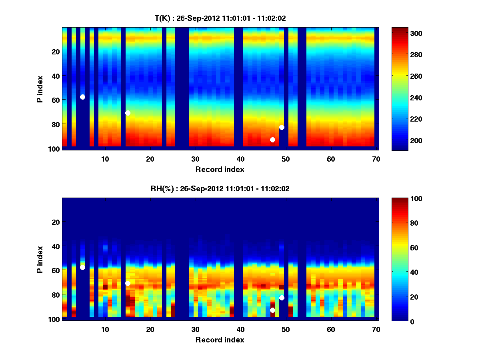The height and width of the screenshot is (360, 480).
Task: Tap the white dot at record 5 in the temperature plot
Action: pyautogui.click(x=82, y=97)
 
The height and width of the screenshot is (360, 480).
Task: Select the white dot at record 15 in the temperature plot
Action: pyautogui.click(x=128, y=113)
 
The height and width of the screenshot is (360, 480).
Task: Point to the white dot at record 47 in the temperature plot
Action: pyautogui.click(x=272, y=140)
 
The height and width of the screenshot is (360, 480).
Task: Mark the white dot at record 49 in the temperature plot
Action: pyautogui.click(x=282, y=127)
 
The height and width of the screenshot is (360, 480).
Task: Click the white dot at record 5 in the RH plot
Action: pyautogui.click(x=82, y=267)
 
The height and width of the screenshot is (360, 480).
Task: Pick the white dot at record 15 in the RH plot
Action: pyautogui.click(x=128, y=283)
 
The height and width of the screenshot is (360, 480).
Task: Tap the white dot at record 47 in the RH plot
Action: pyautogui.click(x=272, y=310)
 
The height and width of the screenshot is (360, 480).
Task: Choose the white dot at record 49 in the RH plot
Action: pyautogui.click(x=282, y=298)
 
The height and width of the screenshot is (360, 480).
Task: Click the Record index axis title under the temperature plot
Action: pyautogui.click(x=220, y=169)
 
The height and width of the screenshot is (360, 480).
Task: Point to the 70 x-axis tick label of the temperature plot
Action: pyautogui.click(x=376, y=159)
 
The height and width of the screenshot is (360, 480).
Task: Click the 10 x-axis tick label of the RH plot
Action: pyautogui.click(x=105, y=329)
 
